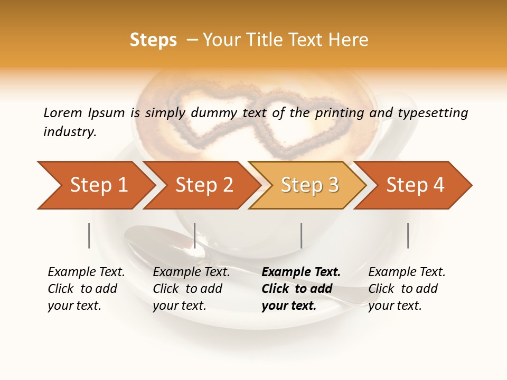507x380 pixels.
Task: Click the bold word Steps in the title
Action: (153, 40)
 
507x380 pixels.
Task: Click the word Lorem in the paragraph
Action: (62, 112)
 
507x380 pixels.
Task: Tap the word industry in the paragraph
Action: (69, 131)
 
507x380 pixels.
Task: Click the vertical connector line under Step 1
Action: (89, 235)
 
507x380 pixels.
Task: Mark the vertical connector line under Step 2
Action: (195, 235)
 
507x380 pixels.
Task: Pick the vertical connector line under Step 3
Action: (301, 235)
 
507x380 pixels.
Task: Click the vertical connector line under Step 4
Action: (408, 235)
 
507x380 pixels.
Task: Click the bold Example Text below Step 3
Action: (301, 272)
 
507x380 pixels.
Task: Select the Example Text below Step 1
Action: (86, 272)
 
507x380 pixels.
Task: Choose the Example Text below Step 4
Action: (407, 272)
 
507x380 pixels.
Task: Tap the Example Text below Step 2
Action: (191, 272)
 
